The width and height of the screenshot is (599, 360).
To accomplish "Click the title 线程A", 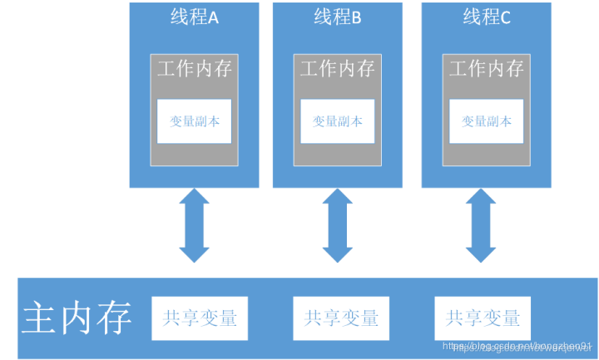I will pos(194,17).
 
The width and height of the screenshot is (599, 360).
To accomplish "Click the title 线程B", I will pos(337,17).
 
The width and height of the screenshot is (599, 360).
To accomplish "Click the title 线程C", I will pos(487,17).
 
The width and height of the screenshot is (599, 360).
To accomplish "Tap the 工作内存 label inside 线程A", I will pos(195,68).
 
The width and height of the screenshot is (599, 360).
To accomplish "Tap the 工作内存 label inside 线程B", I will pos(338,68).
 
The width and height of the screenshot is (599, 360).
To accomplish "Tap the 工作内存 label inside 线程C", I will pos(487,68).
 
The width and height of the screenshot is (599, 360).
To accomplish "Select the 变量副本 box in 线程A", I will pos(195,121).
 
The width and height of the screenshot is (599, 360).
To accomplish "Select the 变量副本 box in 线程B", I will pos(338,121).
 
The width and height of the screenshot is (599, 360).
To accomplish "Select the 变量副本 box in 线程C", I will pos(487,121).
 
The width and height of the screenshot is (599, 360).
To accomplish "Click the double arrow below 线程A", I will pos(195,224).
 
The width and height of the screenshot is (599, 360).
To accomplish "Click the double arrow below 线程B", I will pos(338,224).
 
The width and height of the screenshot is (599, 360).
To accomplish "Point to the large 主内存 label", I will pos(77,318).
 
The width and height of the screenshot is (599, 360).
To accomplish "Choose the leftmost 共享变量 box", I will pos(200,317).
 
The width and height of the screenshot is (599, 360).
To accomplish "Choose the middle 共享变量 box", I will pos(342,317).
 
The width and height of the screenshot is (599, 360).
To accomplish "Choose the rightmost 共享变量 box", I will pos(483,317).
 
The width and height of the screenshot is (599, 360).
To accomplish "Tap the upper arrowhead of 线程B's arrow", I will pos(338,200).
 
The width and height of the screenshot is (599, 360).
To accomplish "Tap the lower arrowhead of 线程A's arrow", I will pos(195,251).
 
